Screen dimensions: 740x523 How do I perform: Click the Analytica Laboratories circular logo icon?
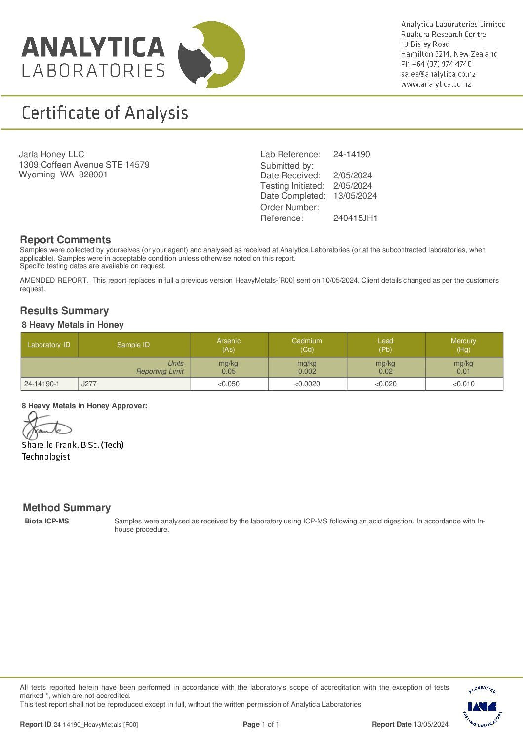211,55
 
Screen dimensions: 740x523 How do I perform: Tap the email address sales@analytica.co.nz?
438,74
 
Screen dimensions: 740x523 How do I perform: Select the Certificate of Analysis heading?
105,113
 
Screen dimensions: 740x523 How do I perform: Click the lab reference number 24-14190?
351,154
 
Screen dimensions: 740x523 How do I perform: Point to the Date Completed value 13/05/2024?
355,196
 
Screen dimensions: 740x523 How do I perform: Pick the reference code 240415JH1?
355,218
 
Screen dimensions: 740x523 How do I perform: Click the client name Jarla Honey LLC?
51,154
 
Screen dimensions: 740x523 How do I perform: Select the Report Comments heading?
65,240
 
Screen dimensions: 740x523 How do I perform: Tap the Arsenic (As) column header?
229,345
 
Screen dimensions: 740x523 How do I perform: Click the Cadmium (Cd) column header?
307,345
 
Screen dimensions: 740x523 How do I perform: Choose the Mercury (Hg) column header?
463,345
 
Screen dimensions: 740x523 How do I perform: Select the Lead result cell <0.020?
385,384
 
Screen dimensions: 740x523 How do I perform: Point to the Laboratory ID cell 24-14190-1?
41,384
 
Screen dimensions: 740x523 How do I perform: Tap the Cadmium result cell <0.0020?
307,384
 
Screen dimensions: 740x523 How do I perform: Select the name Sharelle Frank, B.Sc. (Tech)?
73,445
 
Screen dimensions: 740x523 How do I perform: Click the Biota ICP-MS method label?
47,521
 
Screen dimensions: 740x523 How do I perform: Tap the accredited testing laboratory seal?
482,706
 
